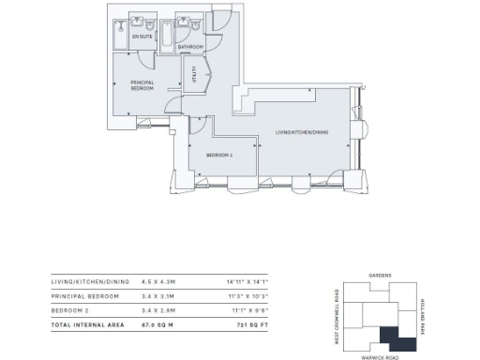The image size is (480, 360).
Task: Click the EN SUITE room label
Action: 142,37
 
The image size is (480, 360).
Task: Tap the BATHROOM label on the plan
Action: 191,46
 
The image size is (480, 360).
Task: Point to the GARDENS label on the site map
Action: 380,276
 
